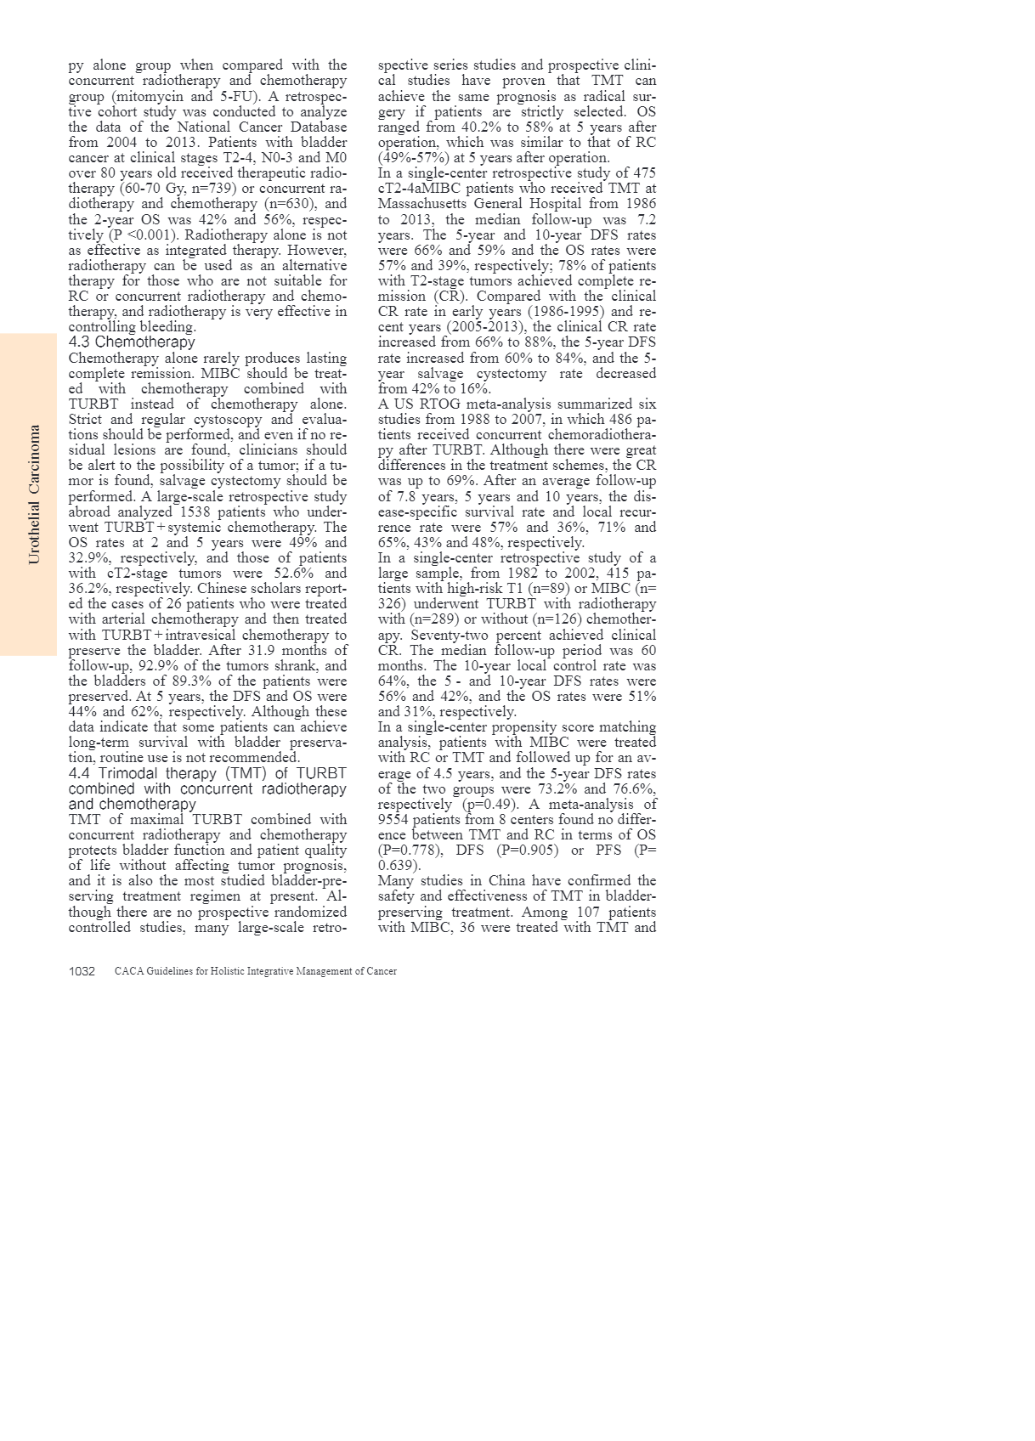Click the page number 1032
click(x=82, y=971)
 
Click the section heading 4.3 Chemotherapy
click(x=132, y=342)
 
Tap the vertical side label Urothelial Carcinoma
click(x=34, y=494)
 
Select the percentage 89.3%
click(x=223, y=681)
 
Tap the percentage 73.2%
click(x=559, y=789)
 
